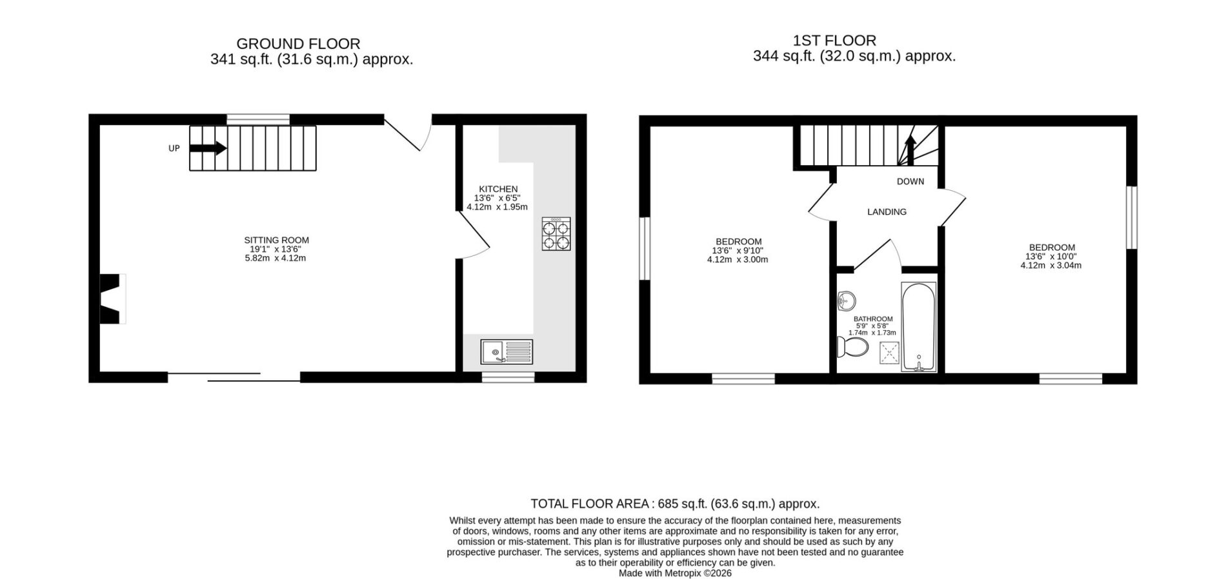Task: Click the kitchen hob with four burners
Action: [x=556, y=234]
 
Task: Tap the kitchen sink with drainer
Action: [x=507, y=352]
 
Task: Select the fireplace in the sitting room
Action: [x=112, y=299]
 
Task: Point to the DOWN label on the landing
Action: [x=910, y=181]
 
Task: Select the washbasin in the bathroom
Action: [x=846, y=300]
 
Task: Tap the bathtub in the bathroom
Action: [x=918, y=327]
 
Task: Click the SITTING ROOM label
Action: [x=276, y=240]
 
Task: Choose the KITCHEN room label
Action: [x=497, y=189]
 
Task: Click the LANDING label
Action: [x=887, y=211]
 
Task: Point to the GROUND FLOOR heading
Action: [x=298, y=44]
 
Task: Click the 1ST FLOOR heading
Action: [x=834, y=41]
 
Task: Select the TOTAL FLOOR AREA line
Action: [x=675, y=504]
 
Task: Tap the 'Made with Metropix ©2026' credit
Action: [x=675, y=573]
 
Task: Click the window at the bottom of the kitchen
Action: [x=508, y=378]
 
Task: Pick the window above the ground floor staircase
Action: [x=258, y=119]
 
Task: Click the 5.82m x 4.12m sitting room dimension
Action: [x=276, y=258]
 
